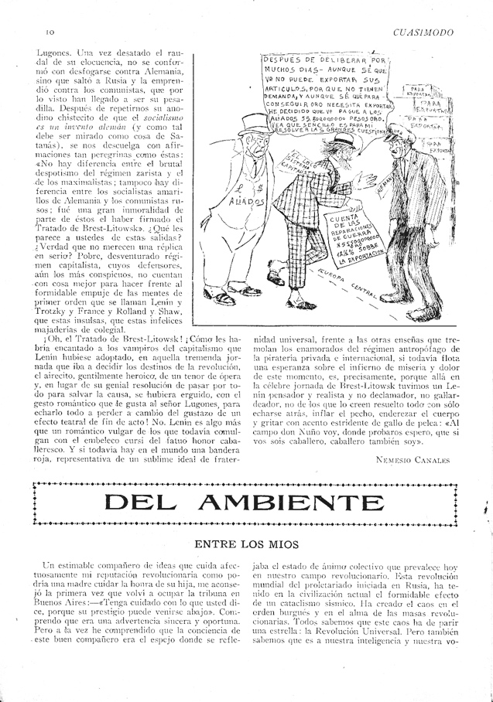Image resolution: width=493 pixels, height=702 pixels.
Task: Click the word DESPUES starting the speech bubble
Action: (287, 60)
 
